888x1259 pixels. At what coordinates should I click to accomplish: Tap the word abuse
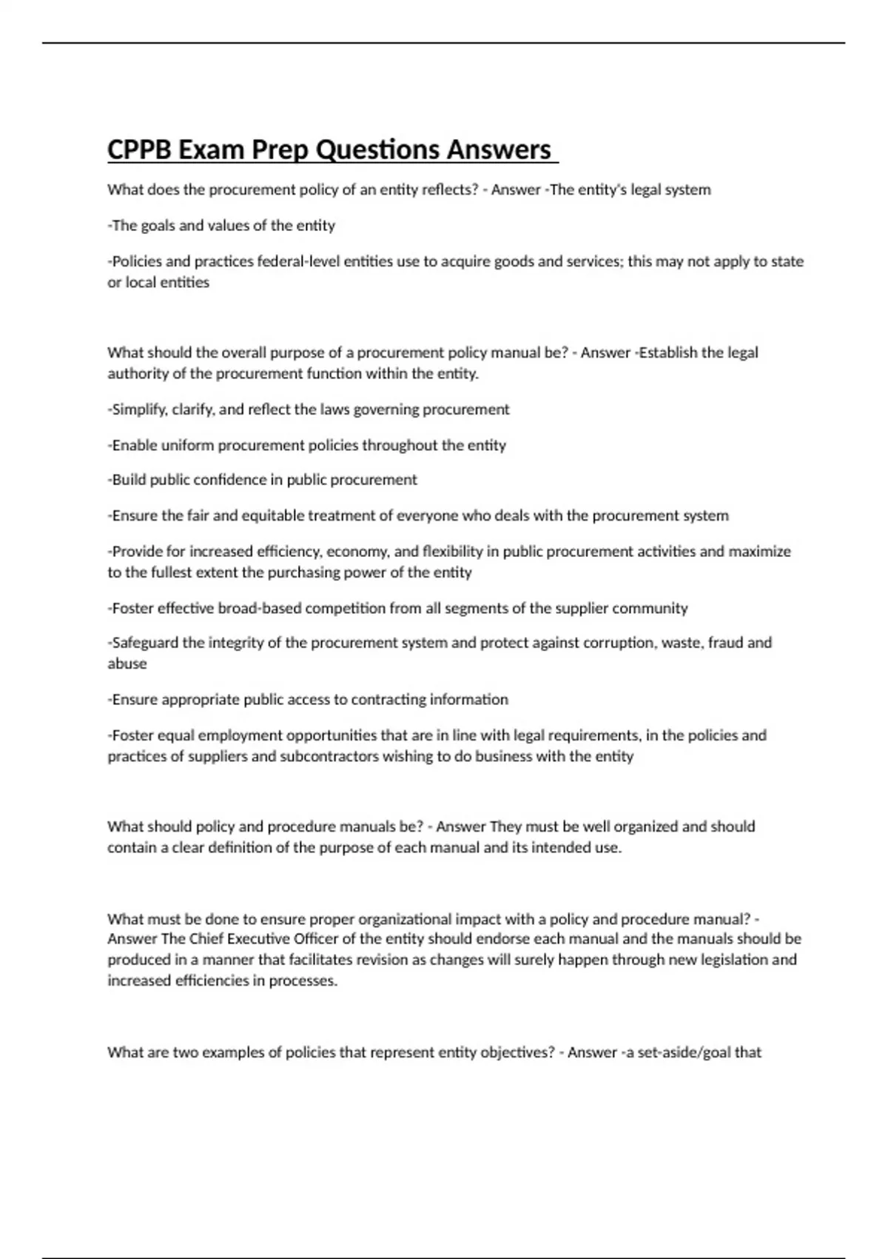tap(127, 664)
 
